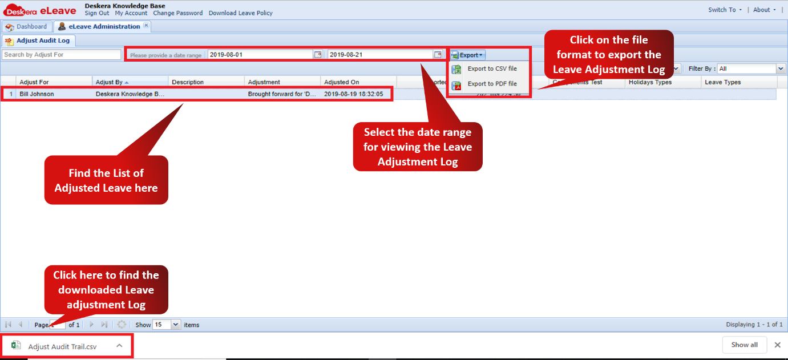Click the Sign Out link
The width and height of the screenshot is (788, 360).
(x=97, y=13)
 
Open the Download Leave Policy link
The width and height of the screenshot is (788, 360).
(x=240, y=13)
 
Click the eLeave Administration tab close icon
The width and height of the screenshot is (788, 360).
(x=146, y=26)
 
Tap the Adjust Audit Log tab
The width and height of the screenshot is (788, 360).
(x=38, y=41)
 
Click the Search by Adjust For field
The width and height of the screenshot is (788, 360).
(x=62, y=55)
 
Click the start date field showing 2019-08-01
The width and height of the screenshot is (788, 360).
(x=260, y=55)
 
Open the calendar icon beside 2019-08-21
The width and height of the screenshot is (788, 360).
(x=438, y=55)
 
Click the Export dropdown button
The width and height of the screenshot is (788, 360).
(x=468, y=55)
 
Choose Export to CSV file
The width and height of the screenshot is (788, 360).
(x=492, y=69)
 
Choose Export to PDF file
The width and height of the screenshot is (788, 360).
(x=492, y=84)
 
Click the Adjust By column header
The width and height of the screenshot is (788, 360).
(x=130, y=82)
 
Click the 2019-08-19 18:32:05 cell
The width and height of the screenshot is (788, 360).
(x=353, y=94)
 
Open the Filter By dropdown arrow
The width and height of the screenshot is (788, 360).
(x=781, y=68)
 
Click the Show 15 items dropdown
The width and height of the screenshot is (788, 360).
(x=175, y=325)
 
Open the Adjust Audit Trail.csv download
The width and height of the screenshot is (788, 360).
(x=62, y=346)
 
